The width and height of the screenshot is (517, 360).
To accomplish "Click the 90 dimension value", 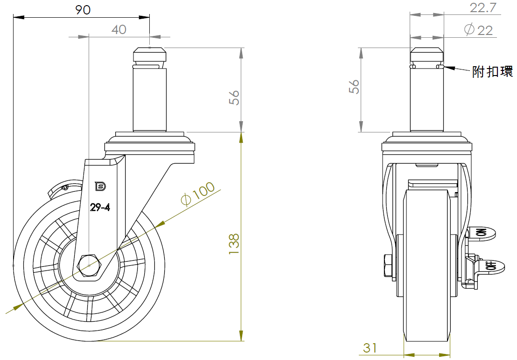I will click(x=83, y=10).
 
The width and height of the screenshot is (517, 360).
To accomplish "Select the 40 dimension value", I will click(x=119, y=29).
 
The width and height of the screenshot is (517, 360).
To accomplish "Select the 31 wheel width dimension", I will click(x=370, y=347).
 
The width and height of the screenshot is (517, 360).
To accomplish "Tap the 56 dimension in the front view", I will click(x=355, y=87).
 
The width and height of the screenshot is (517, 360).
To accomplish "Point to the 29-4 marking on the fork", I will click(x=100, y=208).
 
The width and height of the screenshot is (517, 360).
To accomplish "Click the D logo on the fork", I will click(x=100, y=186).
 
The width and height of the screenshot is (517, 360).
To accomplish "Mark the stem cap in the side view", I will click(x=149, y=55).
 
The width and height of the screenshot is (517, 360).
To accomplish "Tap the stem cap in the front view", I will click(x=426, y=55).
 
